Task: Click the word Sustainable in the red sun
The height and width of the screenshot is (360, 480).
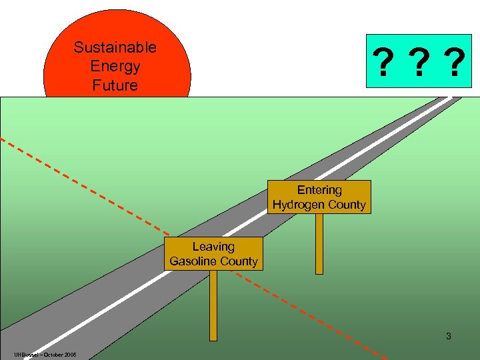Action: pyautogui.click(x=115, y=47)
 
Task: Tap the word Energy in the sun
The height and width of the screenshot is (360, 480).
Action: pyautogui.click(x=115, y=67)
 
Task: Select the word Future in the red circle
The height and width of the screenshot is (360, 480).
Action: pyautogui.click(x=115, y=85)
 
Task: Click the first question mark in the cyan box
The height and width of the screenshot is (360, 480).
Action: pyautogui.click(x=383, y=64)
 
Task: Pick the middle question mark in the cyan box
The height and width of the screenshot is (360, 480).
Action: pyautogui.click(x=418, y=64)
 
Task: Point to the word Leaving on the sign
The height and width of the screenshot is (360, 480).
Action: pyautogui.click(x=213, y=247)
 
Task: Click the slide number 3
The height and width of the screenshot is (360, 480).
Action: pyautogui.click(x=449, y=337)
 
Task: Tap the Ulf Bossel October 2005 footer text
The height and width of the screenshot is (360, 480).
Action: pyautogui.click(x=44, y=354)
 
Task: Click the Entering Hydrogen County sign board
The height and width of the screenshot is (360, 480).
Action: pyautogui.click(x=319, y=197)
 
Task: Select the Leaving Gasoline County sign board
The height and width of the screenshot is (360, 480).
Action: pyautogui.click(x=213, y=254)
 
